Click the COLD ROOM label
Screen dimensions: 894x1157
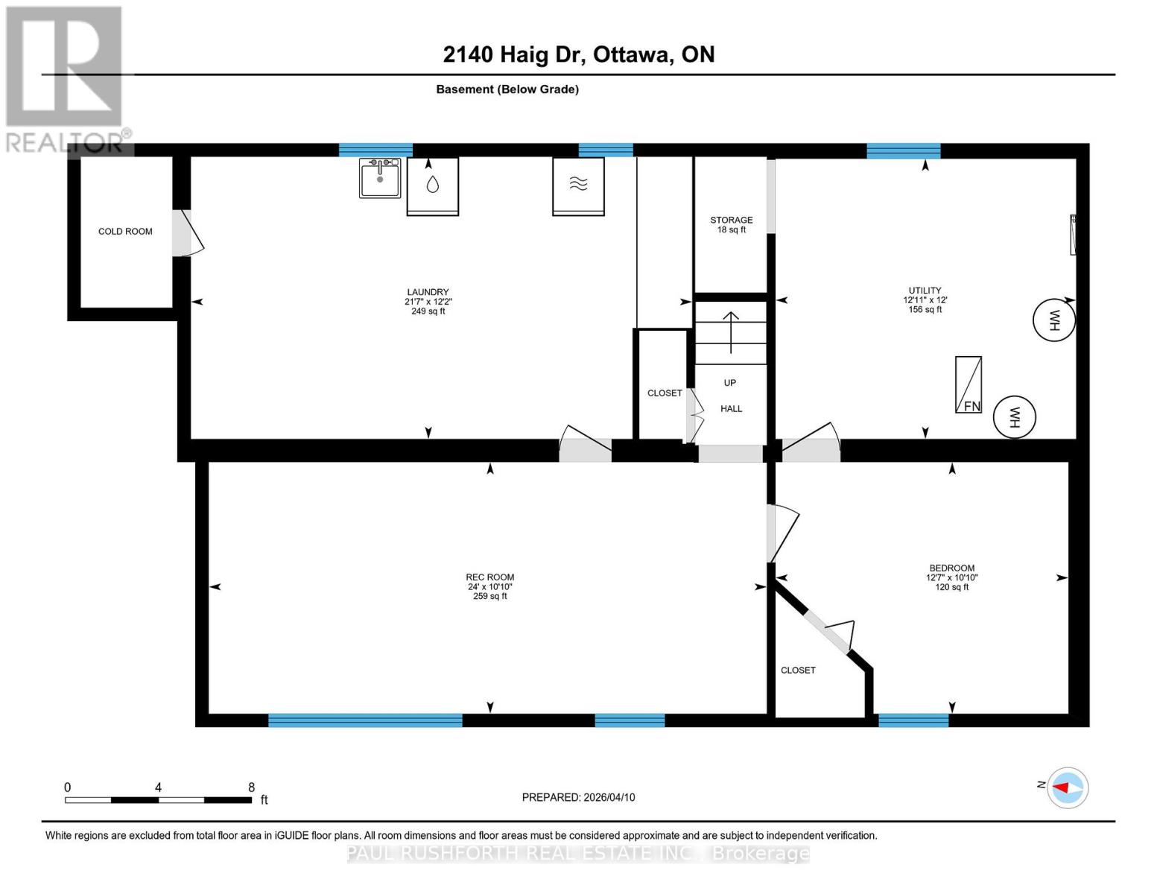[x=125, y=232]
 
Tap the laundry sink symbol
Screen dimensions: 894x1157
[x=380, y=177]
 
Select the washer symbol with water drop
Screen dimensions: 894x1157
[x=432, y=186]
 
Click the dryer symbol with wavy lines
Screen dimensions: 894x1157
[x=578, y=186]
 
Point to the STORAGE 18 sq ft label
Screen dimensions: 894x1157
[x=731, y=225]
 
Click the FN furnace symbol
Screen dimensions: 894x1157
[x=969, y=384]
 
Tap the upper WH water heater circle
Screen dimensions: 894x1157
[x=1054, y=320]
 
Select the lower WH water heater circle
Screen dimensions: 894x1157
[x=1015, y=416]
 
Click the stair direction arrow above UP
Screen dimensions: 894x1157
[x=731, y=332]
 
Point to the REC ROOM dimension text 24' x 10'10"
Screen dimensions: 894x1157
[x=490, y=587]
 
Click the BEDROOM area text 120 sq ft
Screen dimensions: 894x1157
[x=951, y=587]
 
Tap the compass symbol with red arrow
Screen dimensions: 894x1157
[x=1068, y=787]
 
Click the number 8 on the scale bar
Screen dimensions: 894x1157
[x=251, y=787]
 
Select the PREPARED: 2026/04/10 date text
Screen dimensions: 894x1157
[x=578, y=797]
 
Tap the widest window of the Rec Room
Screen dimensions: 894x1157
[x=365, y=720]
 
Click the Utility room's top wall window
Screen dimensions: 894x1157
[x=903, y=151]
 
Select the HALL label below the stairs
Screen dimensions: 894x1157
[x=731, y=409]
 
